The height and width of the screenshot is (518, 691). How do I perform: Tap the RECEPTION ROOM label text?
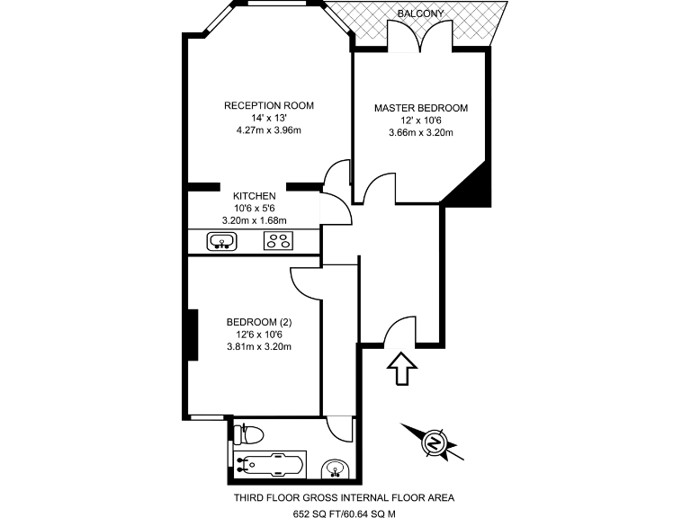tap(269, 105)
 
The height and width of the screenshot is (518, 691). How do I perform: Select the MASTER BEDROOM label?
tap(421, 108)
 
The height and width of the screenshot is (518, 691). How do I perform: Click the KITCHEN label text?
tap(255, 195)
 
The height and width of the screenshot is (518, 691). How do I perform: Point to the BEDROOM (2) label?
tap(260, 322)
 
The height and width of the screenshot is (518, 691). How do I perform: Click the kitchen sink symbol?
tap(221, 241)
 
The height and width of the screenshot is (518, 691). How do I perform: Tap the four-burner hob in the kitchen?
tap(276, 241)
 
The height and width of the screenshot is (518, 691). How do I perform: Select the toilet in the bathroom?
tap(247, 435)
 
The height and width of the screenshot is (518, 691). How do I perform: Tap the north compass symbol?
tap(434, 443)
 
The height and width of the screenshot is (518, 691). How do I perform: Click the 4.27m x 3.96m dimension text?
tap(269, 130)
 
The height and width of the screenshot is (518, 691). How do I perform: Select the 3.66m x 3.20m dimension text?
tap(421, 133)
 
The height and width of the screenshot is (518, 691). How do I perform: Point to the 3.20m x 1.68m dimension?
tap(254, 220)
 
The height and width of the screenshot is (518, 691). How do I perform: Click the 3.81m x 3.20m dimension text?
tap(260, 347)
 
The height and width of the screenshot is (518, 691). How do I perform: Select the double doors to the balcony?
tap(418, 38)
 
